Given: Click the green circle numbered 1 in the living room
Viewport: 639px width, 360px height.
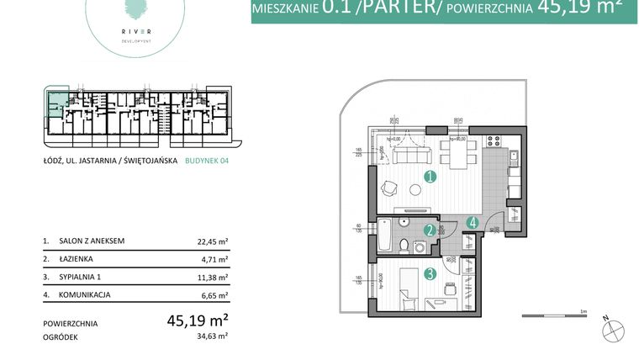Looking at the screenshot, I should (x=430, y=177).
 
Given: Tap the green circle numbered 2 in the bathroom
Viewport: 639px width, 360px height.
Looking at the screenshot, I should (x=429, y=230).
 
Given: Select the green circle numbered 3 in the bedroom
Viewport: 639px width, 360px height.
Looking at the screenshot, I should (x=430, y=273).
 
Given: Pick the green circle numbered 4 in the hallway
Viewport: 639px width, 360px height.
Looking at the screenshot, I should (x=474, y=224).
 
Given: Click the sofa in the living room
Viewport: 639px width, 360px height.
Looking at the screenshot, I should (x=413, y=154).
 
